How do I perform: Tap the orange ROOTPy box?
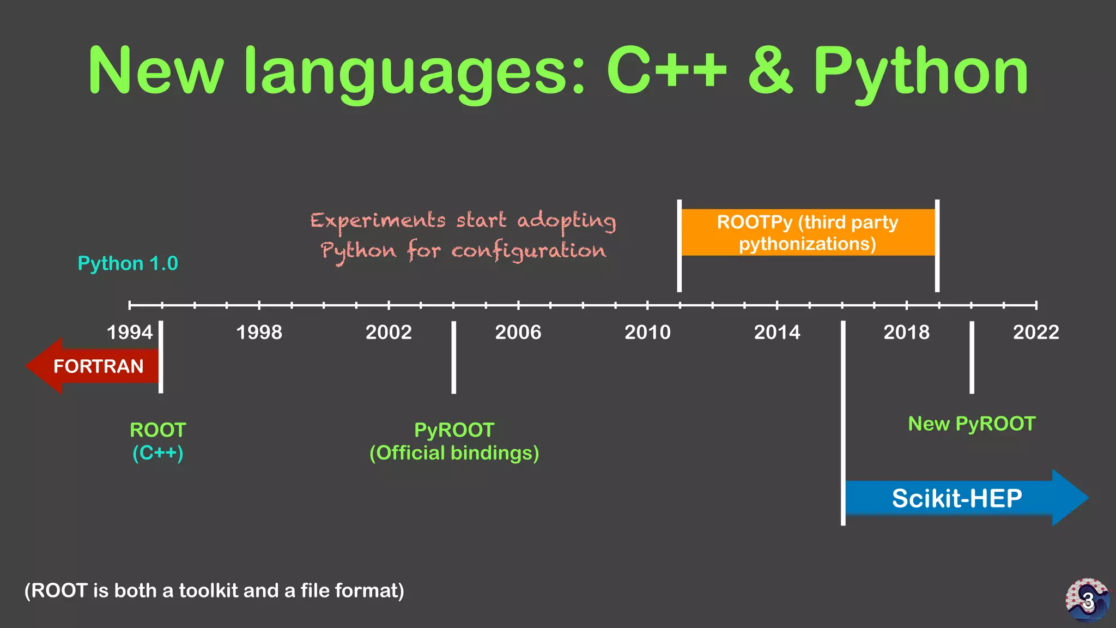(808, 233)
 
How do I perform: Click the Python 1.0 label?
(128, 263)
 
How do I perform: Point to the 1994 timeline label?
(130, 332)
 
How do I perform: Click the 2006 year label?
(518, 332)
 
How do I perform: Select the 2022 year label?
(1035, 332)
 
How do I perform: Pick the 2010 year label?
(647, 332)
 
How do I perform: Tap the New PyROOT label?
(972, 424)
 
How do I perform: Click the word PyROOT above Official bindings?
(454, 430)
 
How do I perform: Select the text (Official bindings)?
(454, 453)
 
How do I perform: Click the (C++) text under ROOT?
(158, 453)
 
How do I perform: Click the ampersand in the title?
(770, 71)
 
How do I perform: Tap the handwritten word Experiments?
(378, 221)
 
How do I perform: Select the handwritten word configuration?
(528, 251)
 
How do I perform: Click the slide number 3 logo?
(1087, 600)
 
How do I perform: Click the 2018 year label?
(906, 332)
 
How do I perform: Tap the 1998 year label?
(259, 332)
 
